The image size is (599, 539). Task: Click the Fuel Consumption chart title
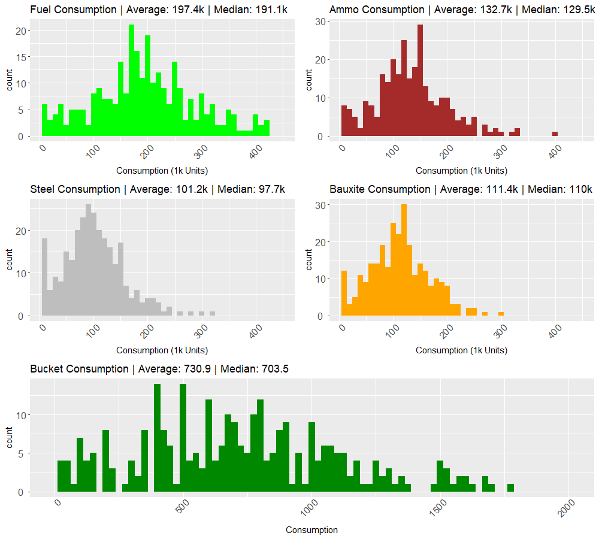[73, 10]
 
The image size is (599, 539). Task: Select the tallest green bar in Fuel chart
[131, 81]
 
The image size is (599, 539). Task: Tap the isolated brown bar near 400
[555, 134]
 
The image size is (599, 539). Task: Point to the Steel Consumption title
[75, 189]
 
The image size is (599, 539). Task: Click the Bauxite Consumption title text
[380, 189]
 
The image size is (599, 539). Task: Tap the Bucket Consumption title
[79, 369]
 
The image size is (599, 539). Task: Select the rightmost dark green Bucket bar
[510, 487]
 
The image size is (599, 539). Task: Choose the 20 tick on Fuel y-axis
[20, 31]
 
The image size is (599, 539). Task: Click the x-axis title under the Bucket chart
[311, 530]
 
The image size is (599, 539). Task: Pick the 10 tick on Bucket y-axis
[20, 415]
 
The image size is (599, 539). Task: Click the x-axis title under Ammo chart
[461, 171]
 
